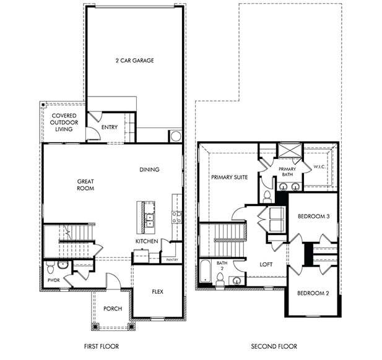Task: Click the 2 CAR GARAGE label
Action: tap(134, 61)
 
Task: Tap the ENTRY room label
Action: tap(110, 127)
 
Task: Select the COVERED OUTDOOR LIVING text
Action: tap(64, 122)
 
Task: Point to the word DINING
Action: tap(149, 169)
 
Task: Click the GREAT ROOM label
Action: tap(85, 185)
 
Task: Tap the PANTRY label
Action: tap(172, 260)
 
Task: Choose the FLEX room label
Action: tap(158, 291)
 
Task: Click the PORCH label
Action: tap(113, 309)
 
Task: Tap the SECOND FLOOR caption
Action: tap(274, 346)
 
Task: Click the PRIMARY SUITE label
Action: tap(229, 178)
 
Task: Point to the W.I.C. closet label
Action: tap(319, 166)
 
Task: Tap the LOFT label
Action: tap(266, 264)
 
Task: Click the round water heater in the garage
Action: tap(175, 136)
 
